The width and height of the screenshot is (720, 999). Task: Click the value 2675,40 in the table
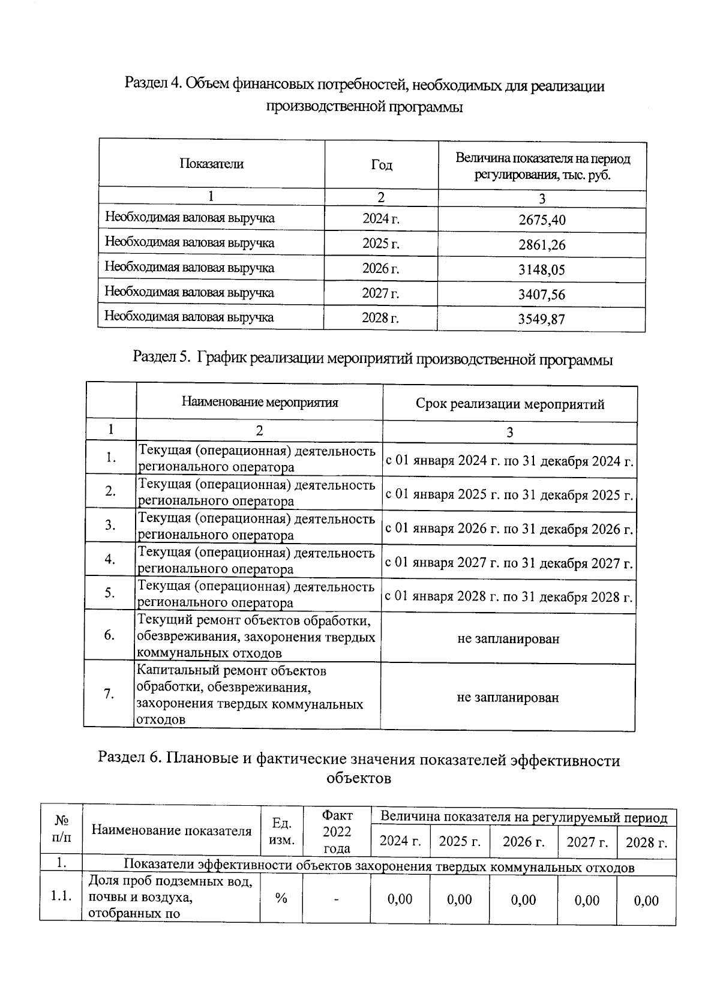tap(542, 220)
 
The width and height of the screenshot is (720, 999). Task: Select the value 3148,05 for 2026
tap(542, 270)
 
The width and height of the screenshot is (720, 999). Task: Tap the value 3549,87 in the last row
tap(542, 319)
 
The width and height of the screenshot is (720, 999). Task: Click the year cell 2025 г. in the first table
tap(381, 244)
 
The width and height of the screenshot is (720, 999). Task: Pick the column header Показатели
tap(211, 164)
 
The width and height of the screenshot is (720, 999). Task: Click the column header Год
tap(381, 165)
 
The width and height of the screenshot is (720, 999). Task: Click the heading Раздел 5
tap(373, 359)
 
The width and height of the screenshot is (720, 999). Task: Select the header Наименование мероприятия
tap(260, 402)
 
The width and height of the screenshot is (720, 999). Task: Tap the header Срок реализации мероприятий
tap(510, 404)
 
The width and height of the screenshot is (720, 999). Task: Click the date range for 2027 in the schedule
tap(509, 563)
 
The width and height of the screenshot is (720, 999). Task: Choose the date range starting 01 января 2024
tap(509, 461)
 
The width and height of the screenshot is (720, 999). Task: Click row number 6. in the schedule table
tap(109, 635)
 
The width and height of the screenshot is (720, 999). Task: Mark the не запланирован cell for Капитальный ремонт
tap(508, 697)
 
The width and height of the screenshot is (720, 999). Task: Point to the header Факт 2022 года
tap(337, 832)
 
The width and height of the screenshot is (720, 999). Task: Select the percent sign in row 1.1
tap(281, 898)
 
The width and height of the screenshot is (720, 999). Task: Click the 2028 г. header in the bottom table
tap(646, 842)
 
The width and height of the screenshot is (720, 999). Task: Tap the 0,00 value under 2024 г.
tap(400, 899)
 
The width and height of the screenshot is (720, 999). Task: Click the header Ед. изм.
tap(281, 831)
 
